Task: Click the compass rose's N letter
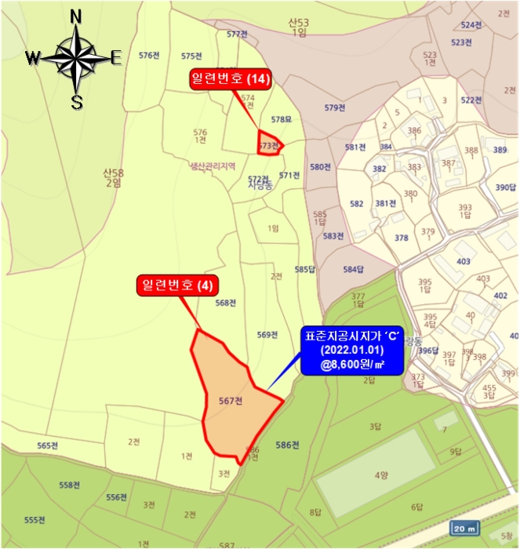[76, 17]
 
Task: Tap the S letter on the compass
[77, 101]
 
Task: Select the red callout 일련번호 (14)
[229, 78]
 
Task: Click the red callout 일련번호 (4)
[177, 285]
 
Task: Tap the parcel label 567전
[231, 401]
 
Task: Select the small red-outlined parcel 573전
[269, 145]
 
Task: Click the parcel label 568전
[225, 303]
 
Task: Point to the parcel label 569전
[267, 335]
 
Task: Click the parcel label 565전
[48, 445]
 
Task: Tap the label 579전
[335, 107]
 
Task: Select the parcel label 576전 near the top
[149, 55]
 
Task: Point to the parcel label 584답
[355, 270]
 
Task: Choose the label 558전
[70, 485]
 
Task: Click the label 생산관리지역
[212, 166]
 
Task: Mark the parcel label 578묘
[281, 119]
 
